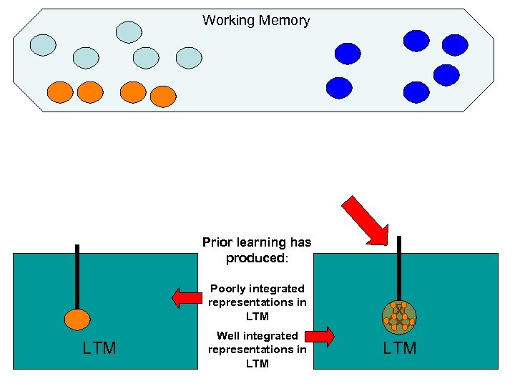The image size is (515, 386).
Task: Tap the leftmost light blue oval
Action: point(43,45)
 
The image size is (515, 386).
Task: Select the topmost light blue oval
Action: point(129,31)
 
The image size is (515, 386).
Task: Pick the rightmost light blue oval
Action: point(189,58)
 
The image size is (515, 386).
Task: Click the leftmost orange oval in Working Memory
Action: point(59,91)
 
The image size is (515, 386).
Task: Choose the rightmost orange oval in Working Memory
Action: point(163,95)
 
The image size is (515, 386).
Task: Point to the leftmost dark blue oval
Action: point(339,87)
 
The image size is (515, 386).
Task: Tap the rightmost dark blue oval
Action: point(454,45)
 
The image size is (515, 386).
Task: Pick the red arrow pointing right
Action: point(320,336)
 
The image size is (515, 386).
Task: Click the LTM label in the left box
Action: point(99,348)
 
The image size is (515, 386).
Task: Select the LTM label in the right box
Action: point(399,348)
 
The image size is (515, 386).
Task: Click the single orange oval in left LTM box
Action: point(77,320)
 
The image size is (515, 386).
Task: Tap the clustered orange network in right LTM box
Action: point(399,316)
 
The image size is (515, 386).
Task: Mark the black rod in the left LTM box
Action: point(77,275)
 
